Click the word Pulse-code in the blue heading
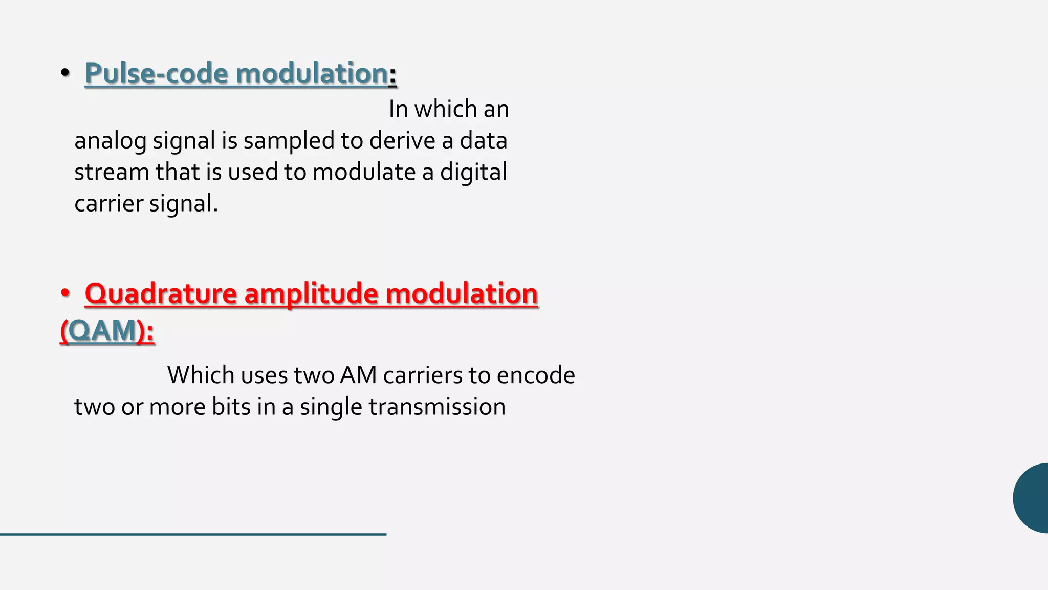click(157, 73)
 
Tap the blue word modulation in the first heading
click(312, 73)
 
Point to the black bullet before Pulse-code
click(65, 73)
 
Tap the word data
click(483, 141)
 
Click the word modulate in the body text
click(364, 172)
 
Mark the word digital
click(473, 172)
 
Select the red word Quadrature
click(161, 294)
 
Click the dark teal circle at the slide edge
click(1033, 498)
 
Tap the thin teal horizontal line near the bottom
click(193, 534)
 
